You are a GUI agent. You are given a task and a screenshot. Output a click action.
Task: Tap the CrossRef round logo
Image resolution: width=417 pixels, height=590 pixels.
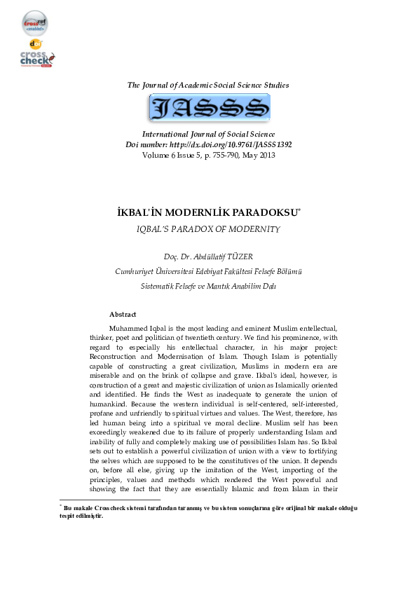35,23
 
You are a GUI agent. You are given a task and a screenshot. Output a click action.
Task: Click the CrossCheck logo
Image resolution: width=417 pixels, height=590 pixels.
37,57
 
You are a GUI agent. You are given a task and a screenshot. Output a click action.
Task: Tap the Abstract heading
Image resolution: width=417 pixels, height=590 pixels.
123,315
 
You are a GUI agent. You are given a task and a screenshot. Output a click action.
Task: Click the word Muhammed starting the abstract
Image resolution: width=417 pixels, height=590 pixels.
130,329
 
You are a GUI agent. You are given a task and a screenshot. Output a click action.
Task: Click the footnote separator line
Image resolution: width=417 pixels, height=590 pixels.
110,500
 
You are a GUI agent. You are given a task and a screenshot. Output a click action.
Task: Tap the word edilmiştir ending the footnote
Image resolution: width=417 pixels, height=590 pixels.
88,516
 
